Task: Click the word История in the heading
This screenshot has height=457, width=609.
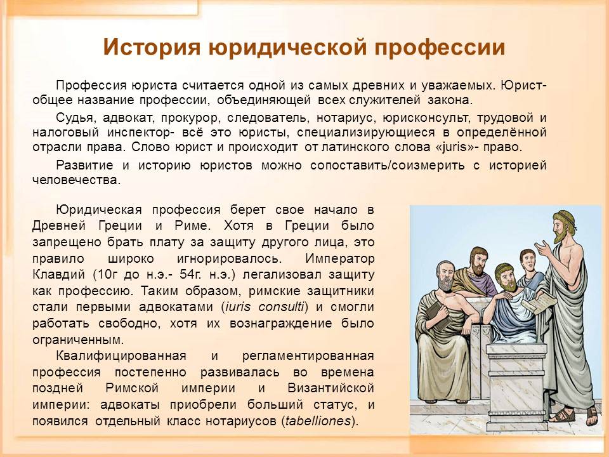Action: pyautogui.click(x=152, y=48)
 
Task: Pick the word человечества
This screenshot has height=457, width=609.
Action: pyautogui.click(x=77, y=180)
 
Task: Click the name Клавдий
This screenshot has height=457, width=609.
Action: pyautogui.click(x=58, y=274)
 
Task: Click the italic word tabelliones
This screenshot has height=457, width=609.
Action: pyautogui.click(x=318, y=421)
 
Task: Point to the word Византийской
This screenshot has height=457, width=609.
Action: pyautogui.click(x=331, y=388)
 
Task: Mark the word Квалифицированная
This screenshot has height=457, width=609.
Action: pyautogui.click(x=121, y=355)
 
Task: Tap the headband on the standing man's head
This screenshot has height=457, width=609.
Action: pyautogui.click(x=563, y=218)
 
